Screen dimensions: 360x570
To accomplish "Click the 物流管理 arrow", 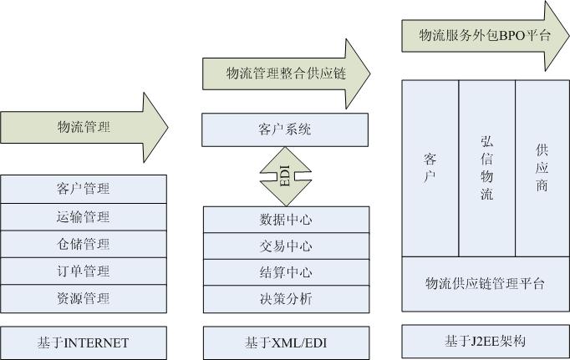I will tap(84, 128).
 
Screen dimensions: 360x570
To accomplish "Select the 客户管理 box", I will tap(84, 189).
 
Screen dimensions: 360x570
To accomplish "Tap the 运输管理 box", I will tap(84, 217).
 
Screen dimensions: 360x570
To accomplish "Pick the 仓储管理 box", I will tap(84, 244).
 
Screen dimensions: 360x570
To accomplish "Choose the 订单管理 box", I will tap(84, 271).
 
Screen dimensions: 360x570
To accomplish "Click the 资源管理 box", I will tap(84, 298).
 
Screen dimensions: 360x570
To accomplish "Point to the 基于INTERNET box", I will tap(84, 342).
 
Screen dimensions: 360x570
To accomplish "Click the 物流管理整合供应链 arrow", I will tap(285, 74).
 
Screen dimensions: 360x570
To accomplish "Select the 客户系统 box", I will tap(286, 129).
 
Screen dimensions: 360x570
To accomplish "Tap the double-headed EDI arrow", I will tap(286, 175).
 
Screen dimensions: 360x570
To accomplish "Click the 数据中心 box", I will tap(286, 221).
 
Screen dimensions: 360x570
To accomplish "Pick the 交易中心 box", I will tap(286, 246).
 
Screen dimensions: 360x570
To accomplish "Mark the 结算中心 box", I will tap(286, 272).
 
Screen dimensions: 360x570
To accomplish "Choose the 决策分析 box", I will tap(286, 298).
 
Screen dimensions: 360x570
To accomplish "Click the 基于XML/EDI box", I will tap(286, 342).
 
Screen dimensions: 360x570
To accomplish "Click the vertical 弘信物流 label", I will tap(487, 168).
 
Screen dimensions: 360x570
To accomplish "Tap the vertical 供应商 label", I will tap(542, 168).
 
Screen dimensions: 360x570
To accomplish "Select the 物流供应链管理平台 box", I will tap(486, 284).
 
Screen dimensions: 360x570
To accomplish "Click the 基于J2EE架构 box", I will tap(486, 342).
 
